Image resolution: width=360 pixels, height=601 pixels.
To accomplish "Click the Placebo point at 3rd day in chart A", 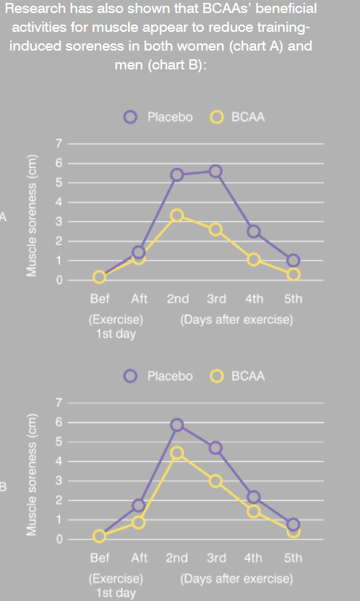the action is [215, 171].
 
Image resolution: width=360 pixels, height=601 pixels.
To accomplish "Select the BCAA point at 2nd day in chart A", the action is [176, 216].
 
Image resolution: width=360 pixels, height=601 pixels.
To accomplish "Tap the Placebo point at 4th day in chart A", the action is [254, 231].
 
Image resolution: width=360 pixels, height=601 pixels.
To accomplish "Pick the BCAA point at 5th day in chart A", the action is [293, 274].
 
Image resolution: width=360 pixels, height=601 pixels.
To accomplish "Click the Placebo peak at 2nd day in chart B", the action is [176, 425].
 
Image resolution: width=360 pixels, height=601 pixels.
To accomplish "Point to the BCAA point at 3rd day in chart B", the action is [215, 481].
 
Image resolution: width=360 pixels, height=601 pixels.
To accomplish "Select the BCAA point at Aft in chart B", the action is [138, 522].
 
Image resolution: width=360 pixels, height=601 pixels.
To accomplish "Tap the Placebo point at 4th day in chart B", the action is [254, 498].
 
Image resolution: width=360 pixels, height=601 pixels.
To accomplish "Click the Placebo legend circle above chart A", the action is [130, 117].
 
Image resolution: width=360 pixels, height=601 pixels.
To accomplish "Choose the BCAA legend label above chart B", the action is [248, 376].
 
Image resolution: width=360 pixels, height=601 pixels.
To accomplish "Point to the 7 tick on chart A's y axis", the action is [59, 144].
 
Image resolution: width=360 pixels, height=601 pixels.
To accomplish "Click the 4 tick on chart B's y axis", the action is [59, 461].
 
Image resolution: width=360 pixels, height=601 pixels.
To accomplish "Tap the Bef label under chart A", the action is [100, 299].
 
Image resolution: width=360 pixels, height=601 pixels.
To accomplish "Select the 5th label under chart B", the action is [293, 558].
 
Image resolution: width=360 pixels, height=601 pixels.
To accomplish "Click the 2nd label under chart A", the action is [177, 299].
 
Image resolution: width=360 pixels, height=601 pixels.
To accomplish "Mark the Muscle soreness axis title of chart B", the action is [32, 474].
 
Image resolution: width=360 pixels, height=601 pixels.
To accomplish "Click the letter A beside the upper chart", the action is [3, 217].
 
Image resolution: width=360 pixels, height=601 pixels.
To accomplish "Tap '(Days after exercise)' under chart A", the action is [236, 320].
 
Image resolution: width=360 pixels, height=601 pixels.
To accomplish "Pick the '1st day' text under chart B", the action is [116, 593].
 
